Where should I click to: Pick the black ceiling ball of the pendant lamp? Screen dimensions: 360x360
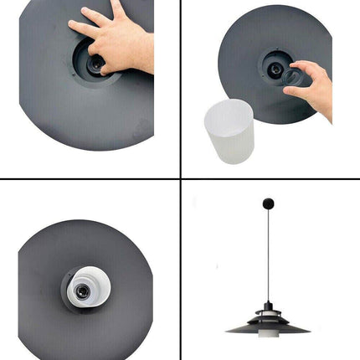pos(269,203)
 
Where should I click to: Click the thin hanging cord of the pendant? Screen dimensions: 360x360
pos(269,251)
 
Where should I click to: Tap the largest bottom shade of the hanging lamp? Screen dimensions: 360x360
pos(268,327)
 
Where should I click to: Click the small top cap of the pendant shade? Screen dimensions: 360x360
pos(268,306)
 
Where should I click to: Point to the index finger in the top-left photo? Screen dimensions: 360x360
pos(84,29)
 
